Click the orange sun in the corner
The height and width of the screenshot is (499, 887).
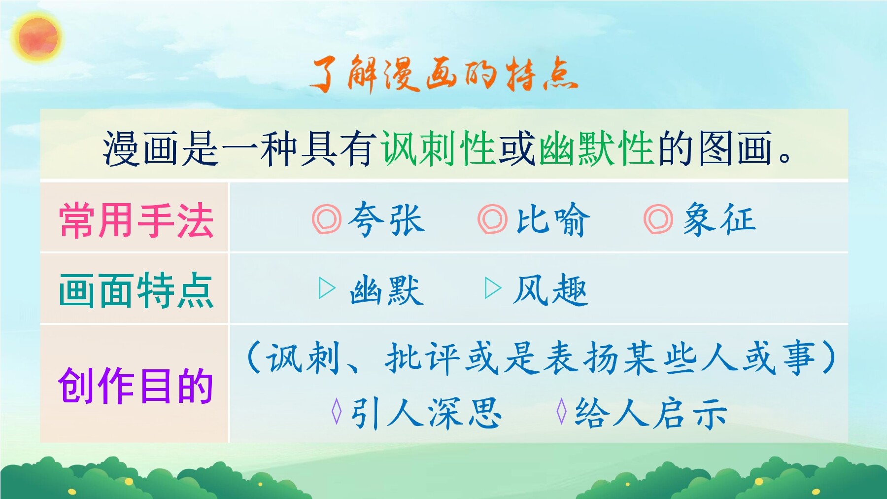coord(38,38)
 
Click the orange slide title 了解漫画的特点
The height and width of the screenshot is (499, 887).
coord(444,74)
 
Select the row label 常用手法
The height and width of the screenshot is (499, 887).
coord(136,220)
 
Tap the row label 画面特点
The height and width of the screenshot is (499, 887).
coord(136,290)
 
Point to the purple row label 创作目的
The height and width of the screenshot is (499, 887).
coord(136,385)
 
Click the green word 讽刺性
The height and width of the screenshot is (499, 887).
coord(438,148)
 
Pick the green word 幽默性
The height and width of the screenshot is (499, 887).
coord(597,148)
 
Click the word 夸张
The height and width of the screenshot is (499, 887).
coord(387,219)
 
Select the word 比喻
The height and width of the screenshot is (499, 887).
coord(553,219)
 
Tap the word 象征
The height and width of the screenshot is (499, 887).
coord(719,219)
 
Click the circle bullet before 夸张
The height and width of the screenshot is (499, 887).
coord(326,219)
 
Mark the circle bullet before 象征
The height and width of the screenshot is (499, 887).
coord(658,219)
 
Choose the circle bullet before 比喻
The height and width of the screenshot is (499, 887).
coord(492,219)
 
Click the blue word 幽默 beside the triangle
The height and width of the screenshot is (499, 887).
coord(387,290)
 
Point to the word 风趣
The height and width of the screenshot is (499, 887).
coord(550,290)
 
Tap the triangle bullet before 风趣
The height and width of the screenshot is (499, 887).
coord(493,288)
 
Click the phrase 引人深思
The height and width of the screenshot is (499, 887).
coord(426,413)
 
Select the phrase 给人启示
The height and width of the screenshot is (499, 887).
coord(651,413)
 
